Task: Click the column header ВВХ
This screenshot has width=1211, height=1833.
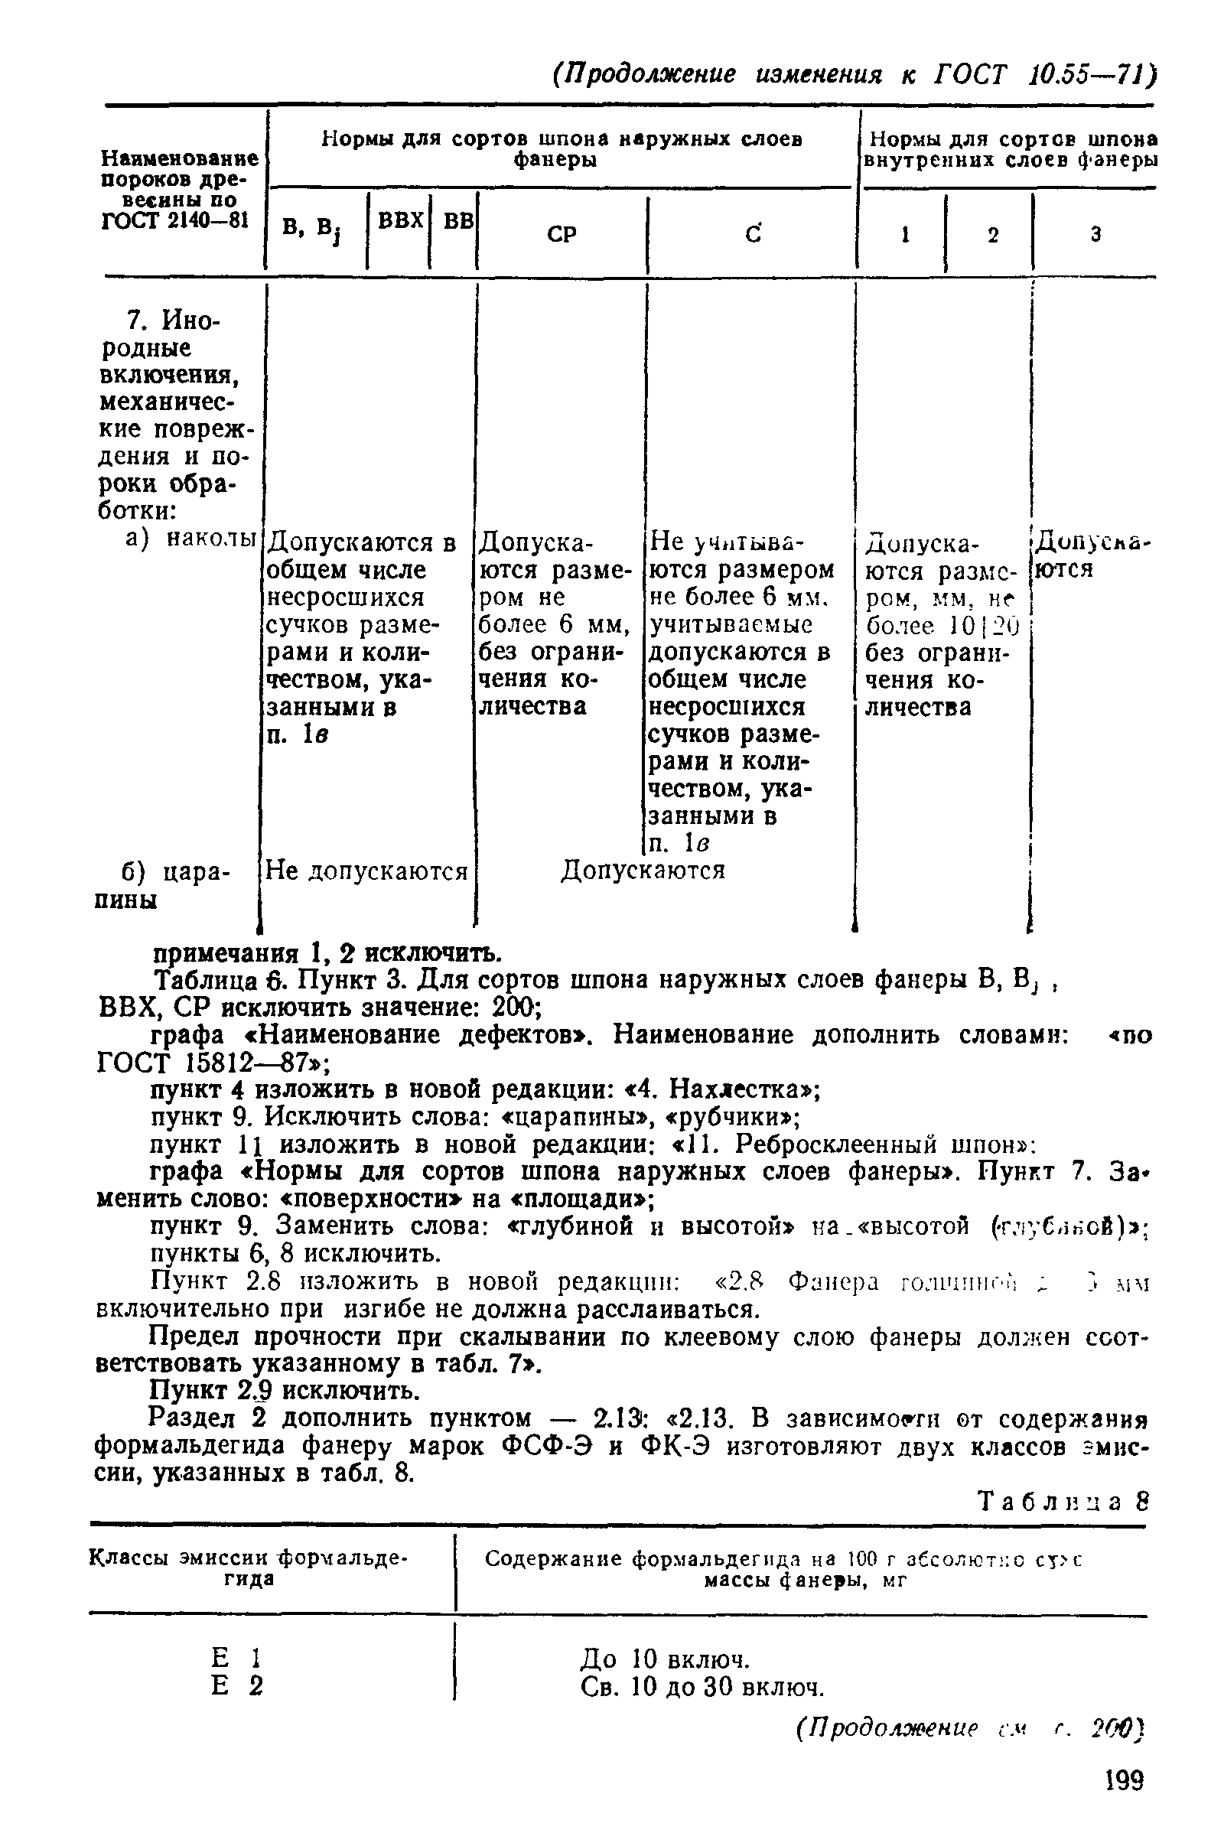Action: (399, 222)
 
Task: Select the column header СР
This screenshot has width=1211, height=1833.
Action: (562, 234)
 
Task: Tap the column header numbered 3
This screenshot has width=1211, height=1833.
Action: (1095, 234)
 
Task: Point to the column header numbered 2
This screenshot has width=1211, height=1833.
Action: (992, 235)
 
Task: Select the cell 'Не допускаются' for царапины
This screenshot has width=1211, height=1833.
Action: (366, 871)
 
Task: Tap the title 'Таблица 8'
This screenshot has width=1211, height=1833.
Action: (1063, 1501)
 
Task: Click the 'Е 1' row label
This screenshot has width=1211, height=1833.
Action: (236, 1658)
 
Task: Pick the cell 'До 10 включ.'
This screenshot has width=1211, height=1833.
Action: (665, 1658)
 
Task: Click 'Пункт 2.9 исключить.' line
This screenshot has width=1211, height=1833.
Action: (285, 1391)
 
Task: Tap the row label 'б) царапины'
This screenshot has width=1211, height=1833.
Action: (162, 885)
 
